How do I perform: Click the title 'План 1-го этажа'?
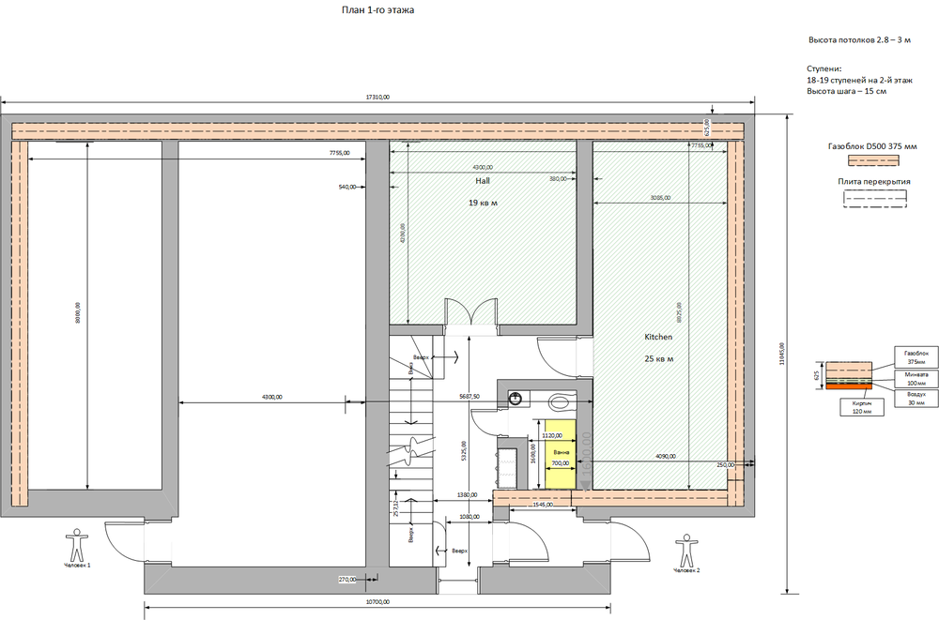[377, 10]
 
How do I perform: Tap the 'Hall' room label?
[483, 180]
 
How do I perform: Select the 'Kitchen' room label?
[657, 336]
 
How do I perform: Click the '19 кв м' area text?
[483, 203]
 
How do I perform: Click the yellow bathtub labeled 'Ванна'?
[560, 453]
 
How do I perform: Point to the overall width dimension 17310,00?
[377, 97]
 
